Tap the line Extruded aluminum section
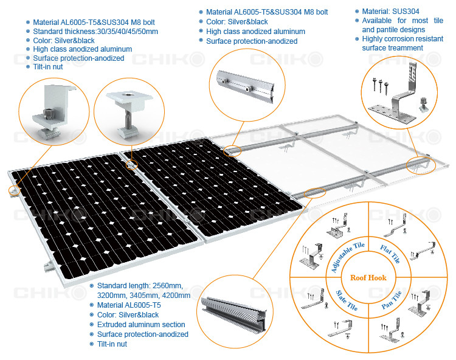click(x=141, y=325)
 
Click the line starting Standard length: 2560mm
click(x=140, y=286)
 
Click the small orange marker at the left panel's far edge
click(x=12, y=190)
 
